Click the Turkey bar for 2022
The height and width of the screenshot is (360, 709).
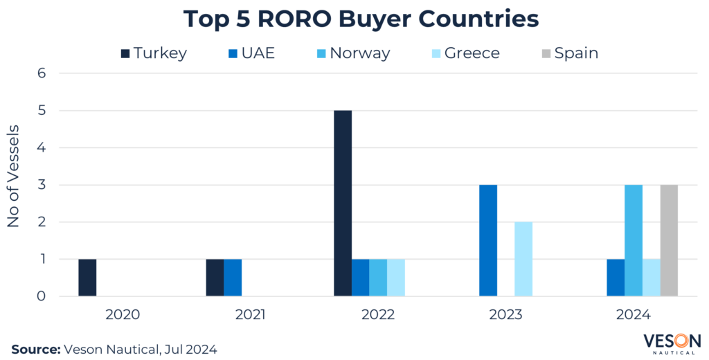(x=343, y=204)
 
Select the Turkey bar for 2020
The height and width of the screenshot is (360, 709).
(x=87, y=278)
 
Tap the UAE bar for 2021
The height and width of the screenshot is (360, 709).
(x=232, y=278)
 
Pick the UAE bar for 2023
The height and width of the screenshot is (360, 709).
(x=488, y=240)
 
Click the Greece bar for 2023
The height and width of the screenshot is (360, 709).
(x=523, y=259)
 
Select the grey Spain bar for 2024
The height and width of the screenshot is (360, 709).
(x=669, y=240)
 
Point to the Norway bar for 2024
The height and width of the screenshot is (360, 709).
(x=634, y=240)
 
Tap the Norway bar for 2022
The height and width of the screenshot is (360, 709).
(x=378, y=278)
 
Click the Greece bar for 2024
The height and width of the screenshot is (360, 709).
(x=651, y=278)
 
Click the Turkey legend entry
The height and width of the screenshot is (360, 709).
(x=153, y=53)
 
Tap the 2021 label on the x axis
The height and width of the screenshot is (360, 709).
(x=250, y=315)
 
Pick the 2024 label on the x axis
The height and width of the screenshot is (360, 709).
(x=633, y=315)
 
